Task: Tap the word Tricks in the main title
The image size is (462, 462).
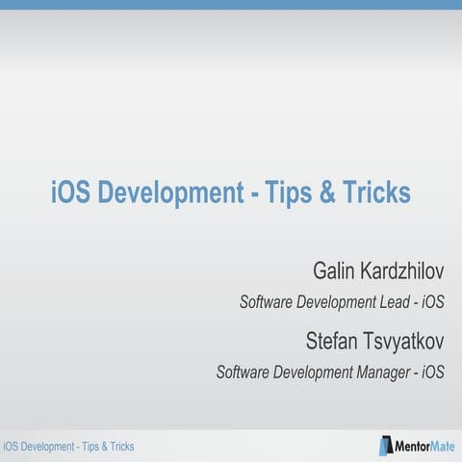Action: coord(374,193)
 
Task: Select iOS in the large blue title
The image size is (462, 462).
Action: coord(68,193)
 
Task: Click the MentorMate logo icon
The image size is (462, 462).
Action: coord(384,446)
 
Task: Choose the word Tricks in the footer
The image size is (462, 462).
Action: coord(119,447)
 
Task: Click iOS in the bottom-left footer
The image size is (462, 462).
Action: coord(12,447)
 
